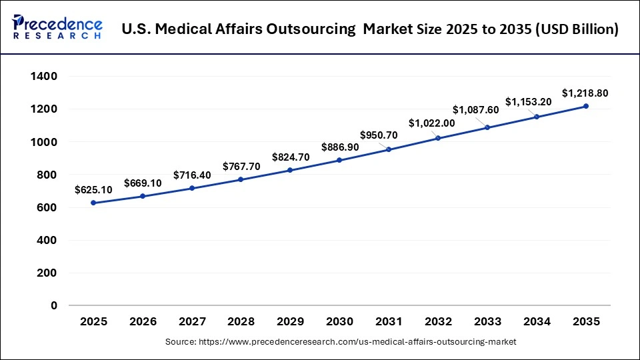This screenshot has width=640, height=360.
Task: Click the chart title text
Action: click(x=371, y=29)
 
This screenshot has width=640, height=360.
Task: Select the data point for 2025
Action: click(x=93, y=203)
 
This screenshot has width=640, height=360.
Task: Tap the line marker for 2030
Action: click(x=339, y=160)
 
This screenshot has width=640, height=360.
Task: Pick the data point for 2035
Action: click(x=585, y=106)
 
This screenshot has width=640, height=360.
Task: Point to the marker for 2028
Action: click(x=241, y=179)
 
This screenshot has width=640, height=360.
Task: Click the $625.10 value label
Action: click(x=93, y=190)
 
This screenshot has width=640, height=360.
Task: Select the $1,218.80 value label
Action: click(x=585, y=93)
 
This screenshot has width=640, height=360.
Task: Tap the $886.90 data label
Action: click(x=339, y=147)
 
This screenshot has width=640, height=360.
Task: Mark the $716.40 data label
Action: click(x=192, y=175)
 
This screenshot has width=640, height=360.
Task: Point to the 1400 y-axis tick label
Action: click(x=44, y=77)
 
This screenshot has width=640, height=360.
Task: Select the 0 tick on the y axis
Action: click(x=54, y=305)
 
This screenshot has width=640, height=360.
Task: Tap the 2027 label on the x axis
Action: click(x=192, y=322)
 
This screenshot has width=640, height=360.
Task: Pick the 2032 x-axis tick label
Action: click(x=438, y=322)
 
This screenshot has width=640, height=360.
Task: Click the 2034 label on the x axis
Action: click(x=536, y=322)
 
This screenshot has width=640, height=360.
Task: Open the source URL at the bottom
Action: click(x=341, y=341)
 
